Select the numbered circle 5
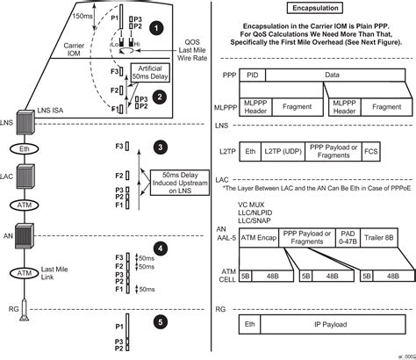(x=159, y=321)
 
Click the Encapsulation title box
(x=313, y=6)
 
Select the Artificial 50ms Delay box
(x=155, y=73)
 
